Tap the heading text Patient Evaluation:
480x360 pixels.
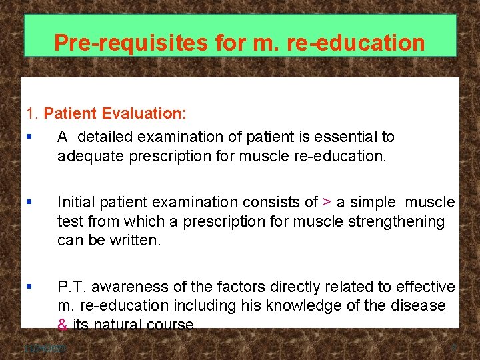pos(115,113)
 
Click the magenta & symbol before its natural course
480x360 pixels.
pos(63,325)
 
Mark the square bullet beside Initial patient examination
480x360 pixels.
pos(29,202)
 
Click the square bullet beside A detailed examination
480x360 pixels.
pos(29,137)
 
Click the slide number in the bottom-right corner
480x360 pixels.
pos(454,348)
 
